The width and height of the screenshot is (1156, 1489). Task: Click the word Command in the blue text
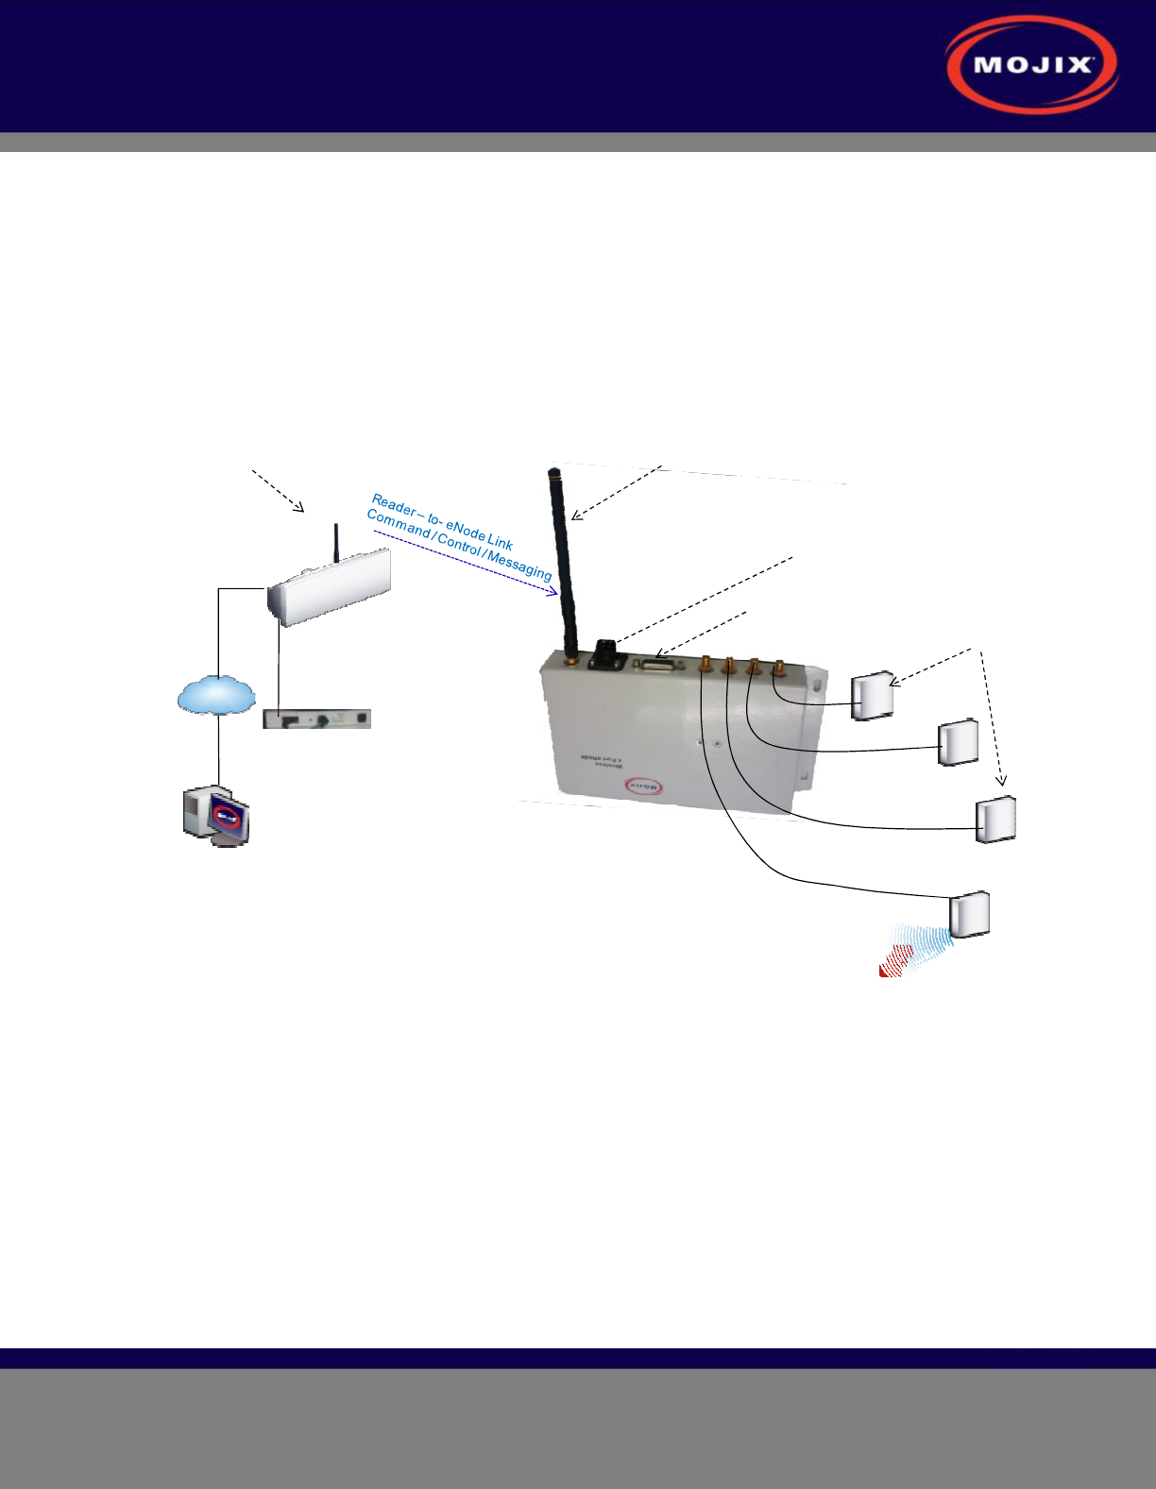click(398, 522)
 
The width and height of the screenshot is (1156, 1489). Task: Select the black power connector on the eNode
click(604, 653)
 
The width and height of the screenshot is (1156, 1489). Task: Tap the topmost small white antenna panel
click(872, 697)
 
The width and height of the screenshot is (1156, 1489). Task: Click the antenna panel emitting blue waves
click(969, 914)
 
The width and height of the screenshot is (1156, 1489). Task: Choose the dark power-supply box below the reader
click(316, 719)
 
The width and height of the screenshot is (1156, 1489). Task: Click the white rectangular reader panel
click(330, 592)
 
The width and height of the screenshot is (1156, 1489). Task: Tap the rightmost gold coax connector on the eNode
click(778, 669)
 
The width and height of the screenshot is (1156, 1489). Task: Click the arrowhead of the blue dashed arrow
click(554, 593)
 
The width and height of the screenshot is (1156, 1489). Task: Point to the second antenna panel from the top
click(958, 743)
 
